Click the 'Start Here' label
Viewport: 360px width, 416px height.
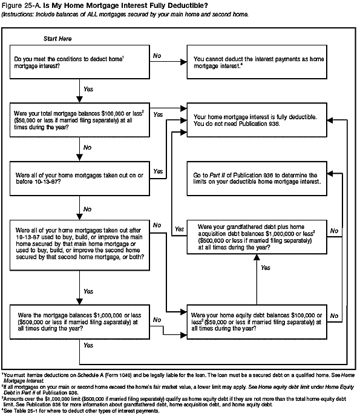57,39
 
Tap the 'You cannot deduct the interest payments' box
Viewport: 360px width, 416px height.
259,61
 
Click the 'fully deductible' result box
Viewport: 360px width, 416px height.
259,120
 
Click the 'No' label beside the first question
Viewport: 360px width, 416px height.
157,56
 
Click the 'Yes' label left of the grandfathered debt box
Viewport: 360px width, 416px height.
179,229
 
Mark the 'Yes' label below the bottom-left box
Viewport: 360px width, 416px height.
88,345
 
